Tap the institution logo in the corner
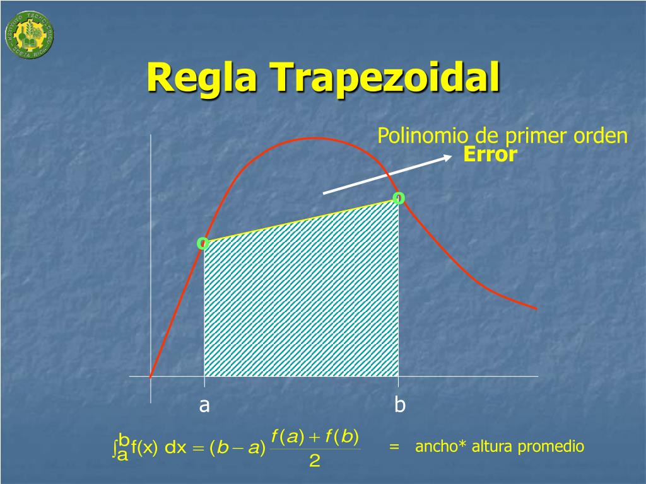tap(29, 33)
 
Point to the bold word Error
tap(490, 155)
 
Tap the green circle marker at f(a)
tap(203, 243)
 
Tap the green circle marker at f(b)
tap(398, 199)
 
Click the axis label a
tap(204, 406)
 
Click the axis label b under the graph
tap(399, 405)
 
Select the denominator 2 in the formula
tap(315, 462)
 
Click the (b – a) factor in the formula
tap(235, 449)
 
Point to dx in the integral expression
tap(175, 449)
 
